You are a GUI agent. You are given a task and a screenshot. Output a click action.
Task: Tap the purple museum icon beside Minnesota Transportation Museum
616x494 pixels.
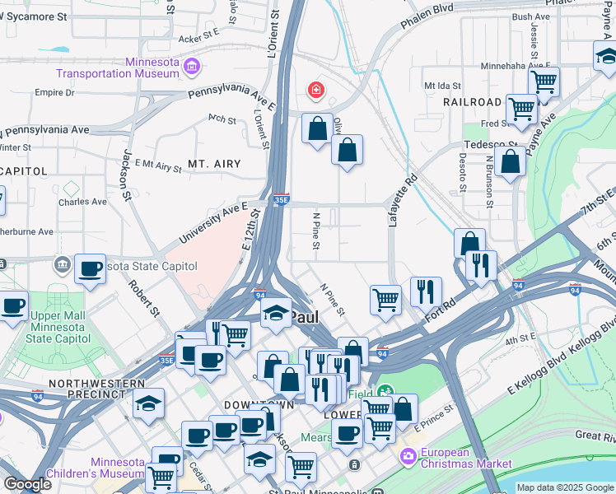pyautogui.click(x=191, y=66)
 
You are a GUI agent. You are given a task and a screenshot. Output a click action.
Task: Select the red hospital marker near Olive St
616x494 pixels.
pyautogui.click(x=315, y=90)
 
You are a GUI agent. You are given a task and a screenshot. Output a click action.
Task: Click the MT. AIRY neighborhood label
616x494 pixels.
pyautogui.click(x=214, y=164)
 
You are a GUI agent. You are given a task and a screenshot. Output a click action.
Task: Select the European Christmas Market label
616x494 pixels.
pyautogui.click(x=465, y=458)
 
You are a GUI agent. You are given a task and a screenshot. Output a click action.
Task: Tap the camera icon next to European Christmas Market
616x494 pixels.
pyautogui.click(x=408, y=455)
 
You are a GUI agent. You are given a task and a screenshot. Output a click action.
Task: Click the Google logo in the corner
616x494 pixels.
pyautogui.click(x=27, y=484)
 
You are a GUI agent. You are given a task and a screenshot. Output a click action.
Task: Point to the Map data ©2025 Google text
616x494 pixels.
pyautogui.click(x=563, y=487)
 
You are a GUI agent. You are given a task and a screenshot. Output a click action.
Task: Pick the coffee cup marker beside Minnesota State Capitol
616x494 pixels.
pyautogui.click(x=90, y=268)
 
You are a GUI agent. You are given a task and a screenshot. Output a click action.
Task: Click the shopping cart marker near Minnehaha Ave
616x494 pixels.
pyautogui.click(x=544, y=82)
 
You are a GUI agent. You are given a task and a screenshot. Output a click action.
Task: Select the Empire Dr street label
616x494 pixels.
pyautogui.click(x=54, y=92)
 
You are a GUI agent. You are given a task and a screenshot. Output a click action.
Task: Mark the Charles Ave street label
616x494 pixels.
pyautogui.click(x=82, y=201)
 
